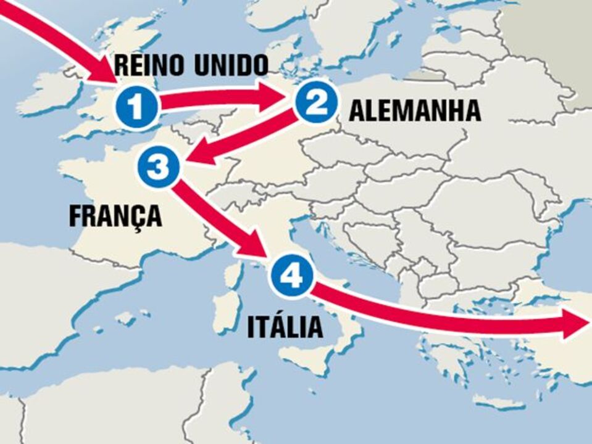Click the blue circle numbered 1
point(136,106)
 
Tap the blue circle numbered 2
point(316,103)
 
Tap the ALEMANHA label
point(415,111)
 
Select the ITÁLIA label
point(285,327)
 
